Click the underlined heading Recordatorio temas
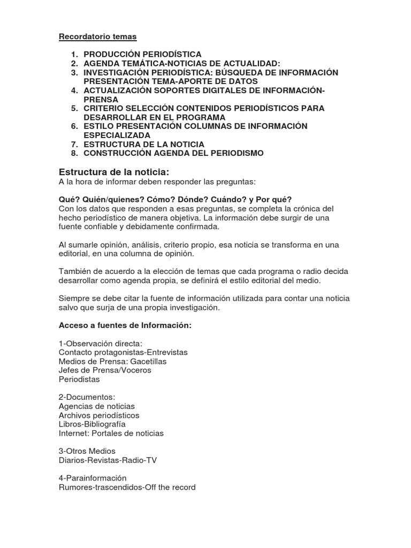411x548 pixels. coord(97,37)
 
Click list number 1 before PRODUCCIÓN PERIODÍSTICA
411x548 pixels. coord(75,54)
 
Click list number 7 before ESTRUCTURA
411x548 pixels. coord(75,144)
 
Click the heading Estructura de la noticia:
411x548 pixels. coord(113,172)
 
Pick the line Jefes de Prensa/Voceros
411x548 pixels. coord(105,370)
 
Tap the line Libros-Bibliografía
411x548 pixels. coord(92,424)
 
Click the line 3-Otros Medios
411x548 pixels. coord(87,451)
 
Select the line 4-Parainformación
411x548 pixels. coord(93,478)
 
